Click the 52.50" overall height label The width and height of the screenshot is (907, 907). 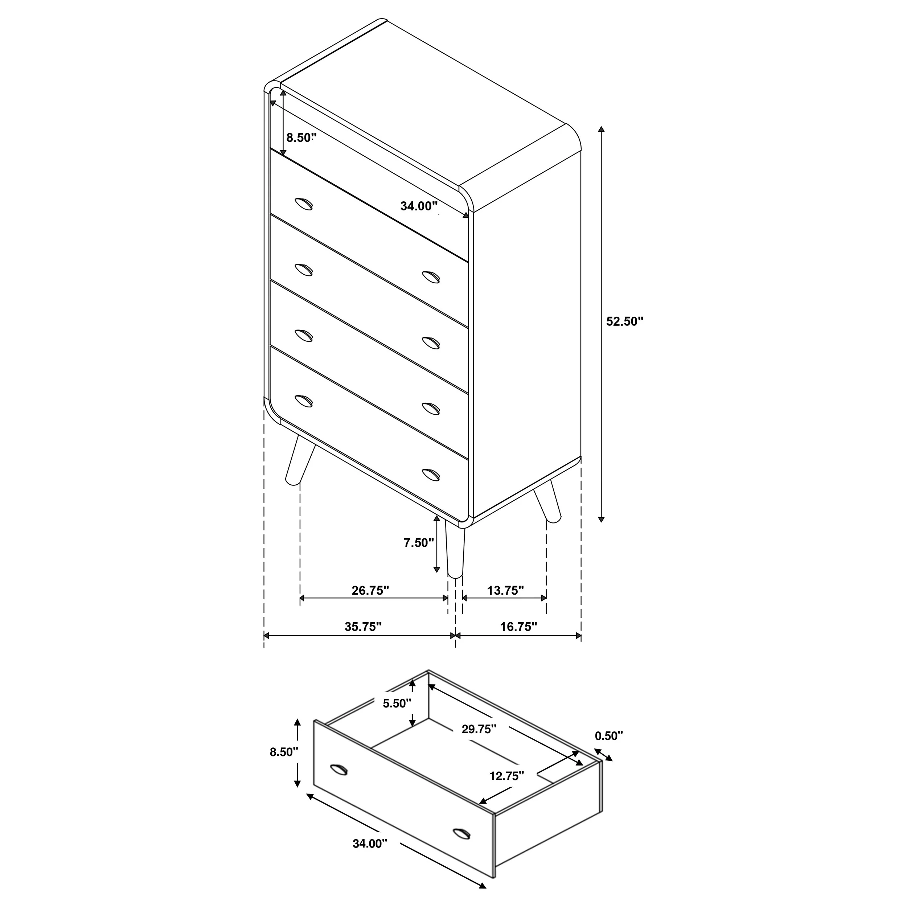click(624, 321)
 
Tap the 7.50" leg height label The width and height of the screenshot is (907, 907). click(419, 543)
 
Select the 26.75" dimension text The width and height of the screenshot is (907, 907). click(370, 591)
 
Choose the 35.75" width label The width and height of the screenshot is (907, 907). click(363, 627)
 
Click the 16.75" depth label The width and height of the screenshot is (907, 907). click(518, 627)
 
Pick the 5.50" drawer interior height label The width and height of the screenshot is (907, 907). click(397, 717)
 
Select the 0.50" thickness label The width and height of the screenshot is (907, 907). click(609, 736)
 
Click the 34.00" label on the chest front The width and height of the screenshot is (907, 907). click(419, 206)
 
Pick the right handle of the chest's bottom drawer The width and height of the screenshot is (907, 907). click(431, 474)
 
